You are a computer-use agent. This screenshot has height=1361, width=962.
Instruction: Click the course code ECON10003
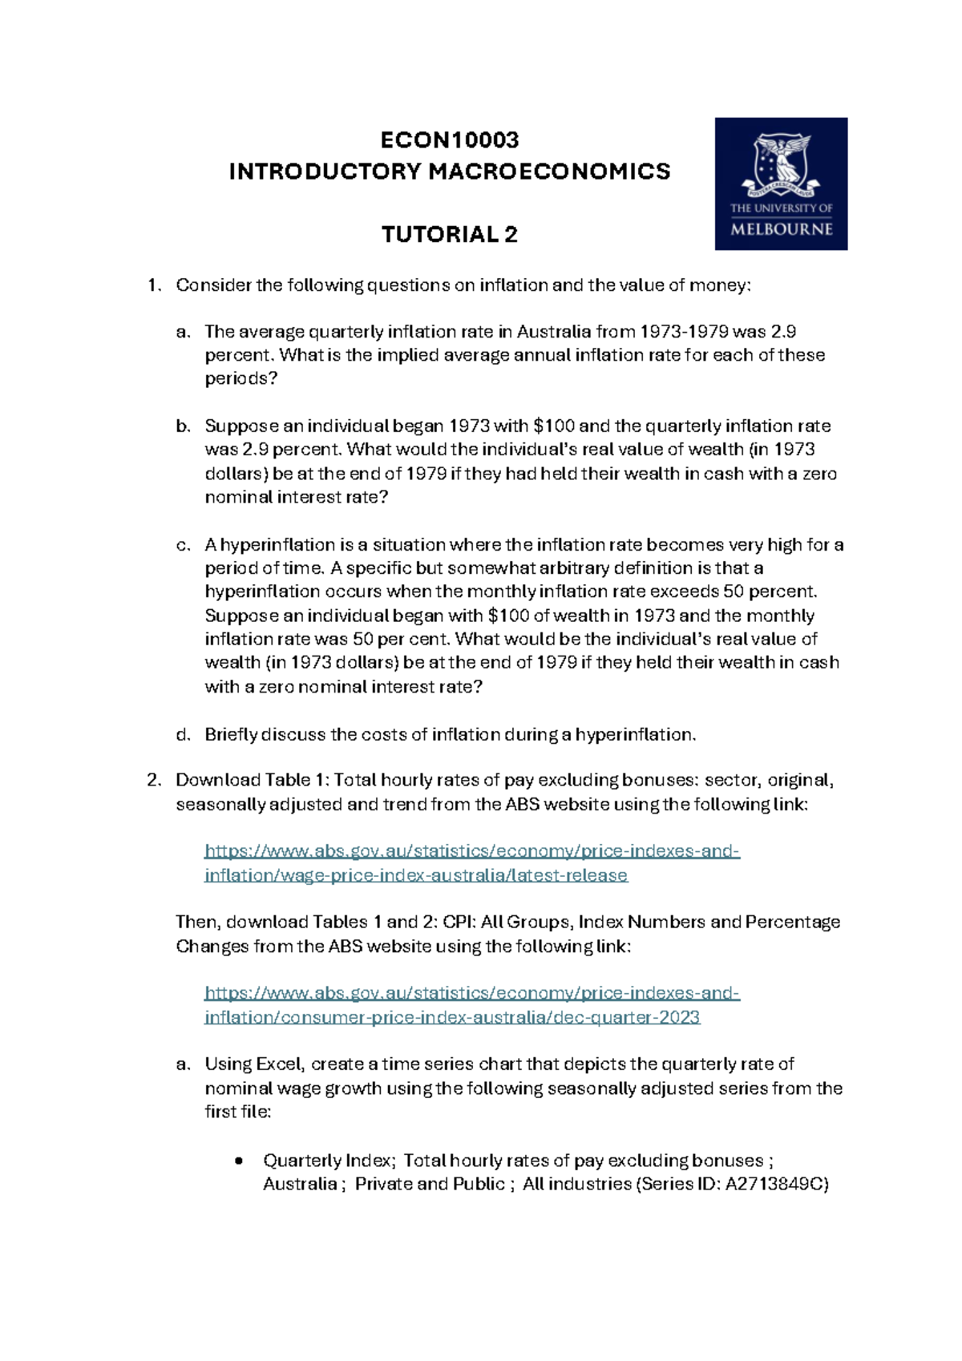click(x=449, y=140)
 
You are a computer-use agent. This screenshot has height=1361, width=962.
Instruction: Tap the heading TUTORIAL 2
click(x=449, y=235)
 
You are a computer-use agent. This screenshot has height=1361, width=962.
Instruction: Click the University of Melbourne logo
click(x=781, y=184)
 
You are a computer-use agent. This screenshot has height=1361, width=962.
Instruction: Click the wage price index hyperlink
click(x=471, y=863)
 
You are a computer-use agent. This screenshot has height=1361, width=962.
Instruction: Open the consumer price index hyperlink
click(x=471, y=1005)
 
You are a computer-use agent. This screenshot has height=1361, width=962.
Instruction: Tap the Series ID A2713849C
click(x=775, y=1184)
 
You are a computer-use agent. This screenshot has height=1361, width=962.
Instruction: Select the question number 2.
click(x=153, y=781)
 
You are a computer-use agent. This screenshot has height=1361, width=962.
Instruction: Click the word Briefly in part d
click(x=231, y=735)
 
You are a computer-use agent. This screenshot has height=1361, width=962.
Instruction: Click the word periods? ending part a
click(x=240, y=379)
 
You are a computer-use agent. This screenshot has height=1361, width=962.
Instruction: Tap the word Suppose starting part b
click(x=241, y=426)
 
